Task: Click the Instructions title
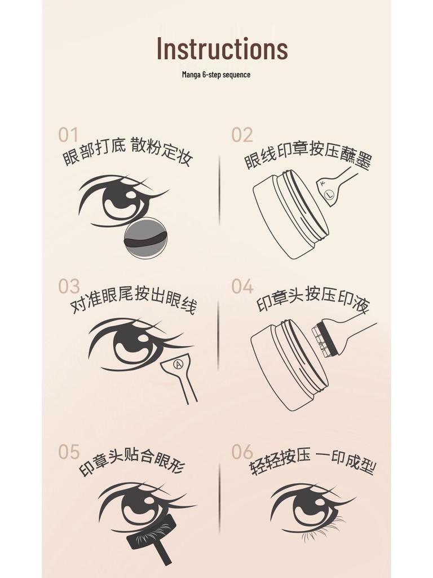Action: (222, 49)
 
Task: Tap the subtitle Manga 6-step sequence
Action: (216, 75)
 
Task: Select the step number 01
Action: (68, 135)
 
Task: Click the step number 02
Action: (242, 135)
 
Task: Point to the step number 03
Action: (69, 286)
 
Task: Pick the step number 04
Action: (242, 286)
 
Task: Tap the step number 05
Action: (69, 452)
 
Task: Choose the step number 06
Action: (242, 452)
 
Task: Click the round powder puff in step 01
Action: (145, 238)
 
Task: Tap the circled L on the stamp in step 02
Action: (330, 194)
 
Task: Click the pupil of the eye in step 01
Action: (121, 199)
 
